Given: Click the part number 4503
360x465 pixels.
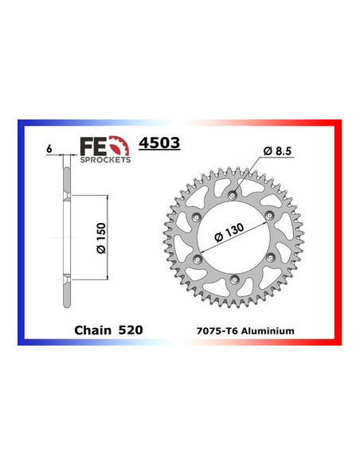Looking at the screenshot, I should [x=159, y=144].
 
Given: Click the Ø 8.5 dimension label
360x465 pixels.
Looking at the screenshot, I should [x=272, y=150].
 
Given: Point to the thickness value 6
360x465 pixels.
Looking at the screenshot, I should [x=49, y=148].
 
